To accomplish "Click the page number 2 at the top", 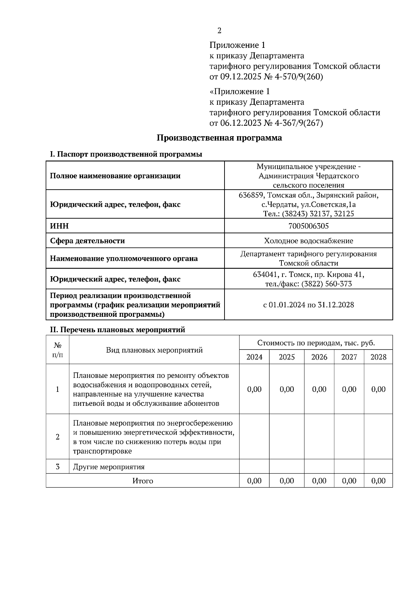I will pyautogui.click(x=219, y=31).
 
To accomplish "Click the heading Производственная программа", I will pyautogui.click(x=219, y=138).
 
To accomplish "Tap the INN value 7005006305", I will pyautogui.click(x=308, y=226).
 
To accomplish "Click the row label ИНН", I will pyautogui.click(x=59, y=226).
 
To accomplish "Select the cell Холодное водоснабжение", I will pyautogui.click(x=308, y=241).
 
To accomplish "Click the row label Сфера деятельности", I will pyautogui.click(x=87, y=241).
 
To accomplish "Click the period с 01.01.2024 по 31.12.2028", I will pyautogui.click(x=308, y=305).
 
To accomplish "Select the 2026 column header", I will pyautogui.click(x=319, y=357).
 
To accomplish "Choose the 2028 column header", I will pyautogui.click(x=378, y=357).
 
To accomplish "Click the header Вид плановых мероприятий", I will pyautogui.click(x=154, y=350).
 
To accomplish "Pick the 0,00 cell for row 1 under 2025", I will pyautogui.click(x=287, y=389).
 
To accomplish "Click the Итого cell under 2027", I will pyautogui.click(x=349, y=481).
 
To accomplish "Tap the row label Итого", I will pyautogui.click(x=142, y=481).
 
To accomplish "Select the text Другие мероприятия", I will pyautogui.click(x=109, y=467).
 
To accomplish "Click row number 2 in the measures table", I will pyautogui.click(x=58, y=437).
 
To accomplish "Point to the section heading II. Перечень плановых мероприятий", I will pyautogui.click(x=118, y=330).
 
